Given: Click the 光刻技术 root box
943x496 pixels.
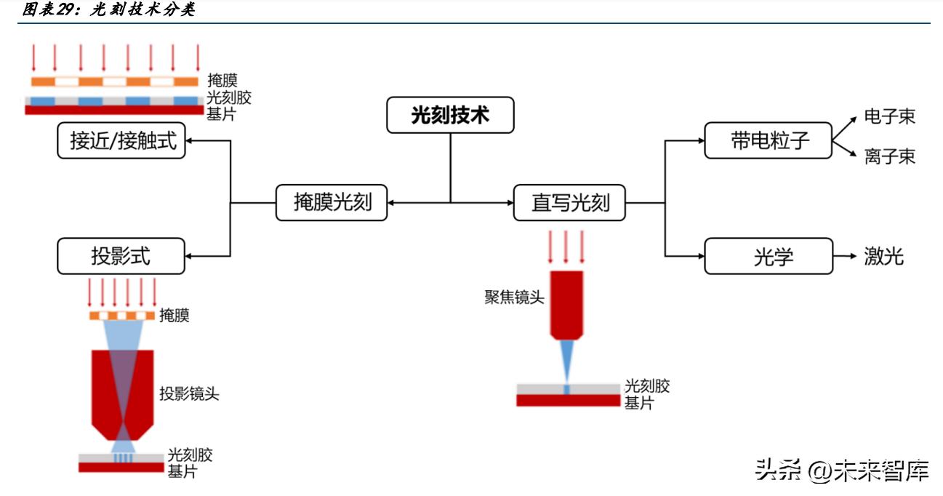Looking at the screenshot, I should [450, 116].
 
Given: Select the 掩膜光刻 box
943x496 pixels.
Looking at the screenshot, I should [332, 202].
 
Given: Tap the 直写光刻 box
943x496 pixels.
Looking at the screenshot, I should [570, 202].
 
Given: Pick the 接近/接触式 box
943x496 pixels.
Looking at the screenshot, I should [121, 140].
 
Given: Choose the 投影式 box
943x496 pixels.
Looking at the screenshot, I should [121, 256].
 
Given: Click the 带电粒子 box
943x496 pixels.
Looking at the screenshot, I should [769, 140].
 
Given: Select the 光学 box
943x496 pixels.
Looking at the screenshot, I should [769, 256].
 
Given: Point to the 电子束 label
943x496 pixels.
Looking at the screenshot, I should [889, 116].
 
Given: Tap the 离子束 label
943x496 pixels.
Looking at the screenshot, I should [889, 156].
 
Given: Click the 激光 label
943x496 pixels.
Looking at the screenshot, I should [883, 256].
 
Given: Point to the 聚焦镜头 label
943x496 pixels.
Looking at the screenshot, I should [514, 297].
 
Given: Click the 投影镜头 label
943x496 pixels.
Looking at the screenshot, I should [189, 394].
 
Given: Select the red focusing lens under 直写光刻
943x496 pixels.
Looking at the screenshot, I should [566, 304].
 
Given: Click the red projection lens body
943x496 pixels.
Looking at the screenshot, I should [122, 393].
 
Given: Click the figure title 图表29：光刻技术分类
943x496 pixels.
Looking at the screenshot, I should [109, 10].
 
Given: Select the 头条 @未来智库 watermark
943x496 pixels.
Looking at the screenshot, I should [842, 471].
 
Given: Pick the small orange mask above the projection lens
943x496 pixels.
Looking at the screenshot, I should [122, 316].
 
